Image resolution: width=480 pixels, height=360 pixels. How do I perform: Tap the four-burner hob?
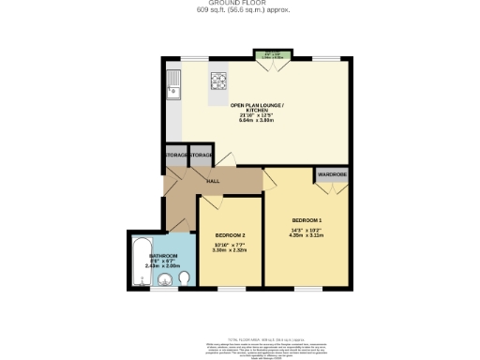pyautogui.click(x=219, y=80)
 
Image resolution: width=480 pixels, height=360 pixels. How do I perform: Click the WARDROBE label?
pyautogui.click(x=332, y=174)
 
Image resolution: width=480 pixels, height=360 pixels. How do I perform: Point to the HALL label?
pyautogui.click(x=213, y=180)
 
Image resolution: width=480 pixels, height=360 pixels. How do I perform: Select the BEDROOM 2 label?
pyautogui.click(x=230, y=234)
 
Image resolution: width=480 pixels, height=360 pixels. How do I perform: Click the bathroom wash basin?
pyautogui.click(x=163, y=278)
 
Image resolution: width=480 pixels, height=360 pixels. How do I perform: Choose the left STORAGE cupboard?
pyautogui.click(x=175, y=154)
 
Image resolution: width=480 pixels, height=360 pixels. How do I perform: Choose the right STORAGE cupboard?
pyautogui.click(x=202, y=154)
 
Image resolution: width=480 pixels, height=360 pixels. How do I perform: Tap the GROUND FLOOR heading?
pyautogui.click(x=241, y=4)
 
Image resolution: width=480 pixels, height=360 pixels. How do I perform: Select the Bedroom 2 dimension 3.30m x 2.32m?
pyautogui.click(x=230, y=250)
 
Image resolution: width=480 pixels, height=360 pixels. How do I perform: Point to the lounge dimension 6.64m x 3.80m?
pyautogui.click(x=254, y=121)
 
